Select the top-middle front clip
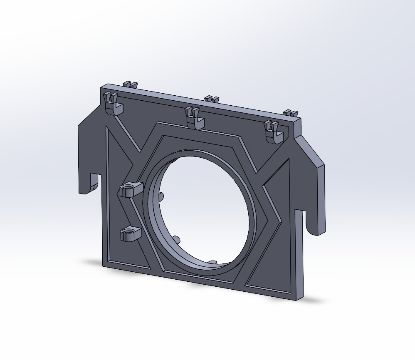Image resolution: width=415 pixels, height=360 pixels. (195, 118)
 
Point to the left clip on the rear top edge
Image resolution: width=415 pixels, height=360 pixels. (131, 84)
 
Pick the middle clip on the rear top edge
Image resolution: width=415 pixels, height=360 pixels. (212, 99)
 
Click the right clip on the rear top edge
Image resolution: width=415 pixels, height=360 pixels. (290, 113)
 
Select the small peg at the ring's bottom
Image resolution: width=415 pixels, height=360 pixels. (212, 263)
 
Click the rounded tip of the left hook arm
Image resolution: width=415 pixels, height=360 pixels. (85, 191)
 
